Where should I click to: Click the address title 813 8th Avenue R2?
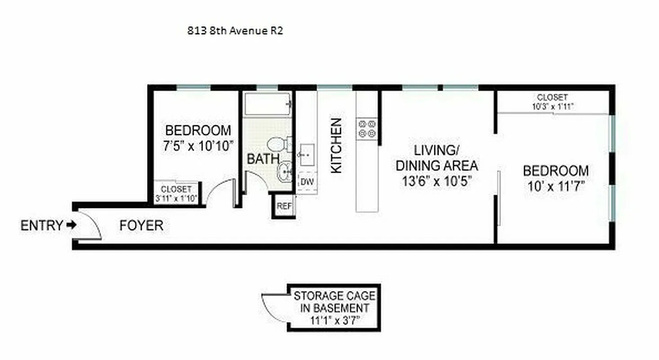pyautogui.click(x=235, y=31)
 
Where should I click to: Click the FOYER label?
pyautogui.click(x=141, y=225)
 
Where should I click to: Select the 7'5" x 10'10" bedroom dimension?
pyautogui.click(x=198, y=146)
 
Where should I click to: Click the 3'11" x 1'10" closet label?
pyautogui.click(x=176, y=193)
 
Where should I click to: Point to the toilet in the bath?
pyautogui.click(x=277, y=144)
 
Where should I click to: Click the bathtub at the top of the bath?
pyautogui.click(x=268, y=104)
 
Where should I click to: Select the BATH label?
pyautogui.click(x=263, y=159)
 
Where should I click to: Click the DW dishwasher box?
pyautogui.click(x=307, y=182)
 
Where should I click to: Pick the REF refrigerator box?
pyautogui.click(x=284, y=207)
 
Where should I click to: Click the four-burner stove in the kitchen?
pyautogui.click(x=367, y=128)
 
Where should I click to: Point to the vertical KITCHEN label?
pyautogui.click(x=336, y=145)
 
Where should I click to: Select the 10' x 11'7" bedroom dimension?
pyautogui.click(x=556, y=185)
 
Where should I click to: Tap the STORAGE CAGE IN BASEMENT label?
pyautogui.click(x=334, y=302)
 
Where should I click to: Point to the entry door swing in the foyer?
pyautogui.click(x=90, y=225)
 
